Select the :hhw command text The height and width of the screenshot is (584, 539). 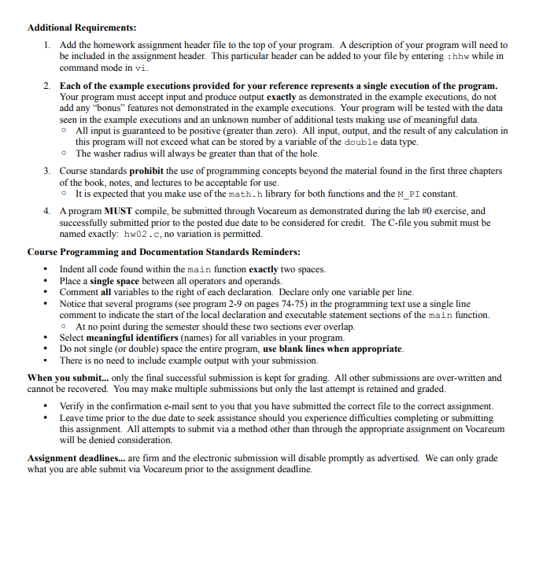(462, 57)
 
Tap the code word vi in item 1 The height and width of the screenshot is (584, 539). (140, 68)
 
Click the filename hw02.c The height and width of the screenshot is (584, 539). (140, 235)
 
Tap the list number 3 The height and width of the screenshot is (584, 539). (46, 171)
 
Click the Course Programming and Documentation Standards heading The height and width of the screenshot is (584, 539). (163, 253)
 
